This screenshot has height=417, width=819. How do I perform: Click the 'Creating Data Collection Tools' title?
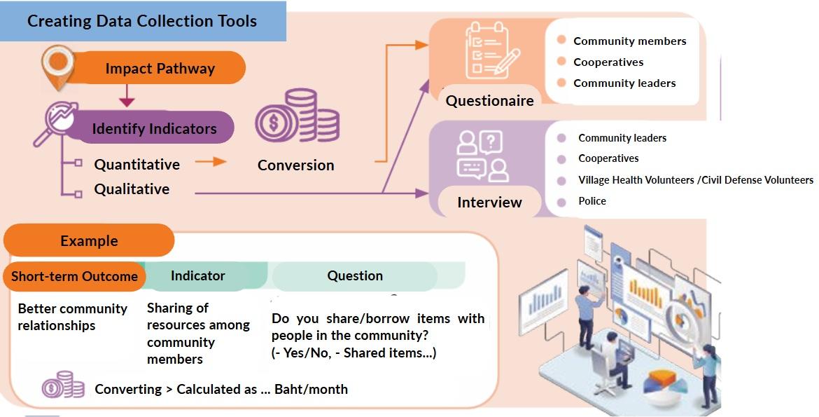(142, 21)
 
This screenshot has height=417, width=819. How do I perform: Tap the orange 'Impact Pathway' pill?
(160, 68)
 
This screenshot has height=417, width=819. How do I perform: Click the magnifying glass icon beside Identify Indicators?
(55, 123)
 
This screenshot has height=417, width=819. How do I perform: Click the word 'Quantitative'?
(136, 164)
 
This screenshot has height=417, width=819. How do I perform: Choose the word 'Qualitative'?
(132, 189)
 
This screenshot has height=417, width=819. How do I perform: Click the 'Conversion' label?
(295, 165)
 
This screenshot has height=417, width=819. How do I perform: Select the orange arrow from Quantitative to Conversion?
(211, 162)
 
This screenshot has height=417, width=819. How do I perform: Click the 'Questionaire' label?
(489, 100)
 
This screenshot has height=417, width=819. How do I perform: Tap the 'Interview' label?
(489, 202)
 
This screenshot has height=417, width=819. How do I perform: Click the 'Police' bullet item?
(592, 201)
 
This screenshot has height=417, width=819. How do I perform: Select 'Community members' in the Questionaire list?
(629, 41)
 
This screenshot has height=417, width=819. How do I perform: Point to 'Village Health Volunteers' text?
(636, 180)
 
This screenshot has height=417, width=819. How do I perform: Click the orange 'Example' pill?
(89, 240)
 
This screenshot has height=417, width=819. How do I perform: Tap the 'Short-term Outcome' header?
(75, 276)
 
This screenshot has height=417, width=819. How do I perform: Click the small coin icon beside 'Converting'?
(63, 385)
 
